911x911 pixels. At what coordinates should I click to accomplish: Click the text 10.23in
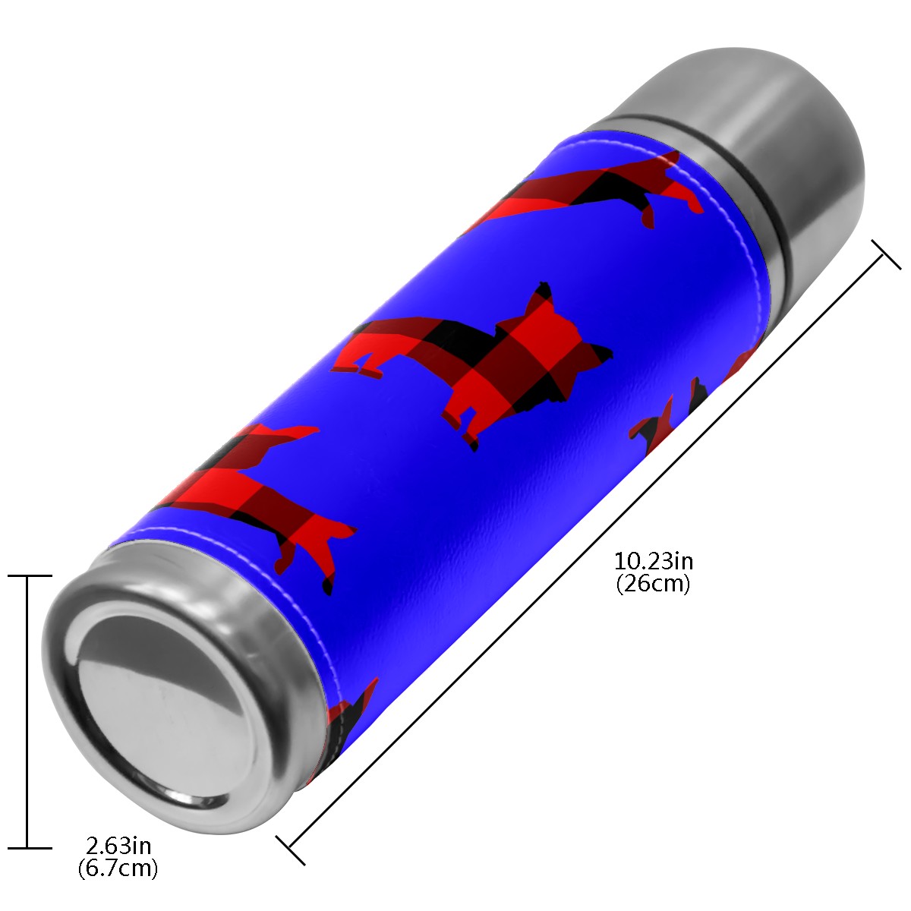(654, 562)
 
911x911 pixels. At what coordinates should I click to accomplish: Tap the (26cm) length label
(654, 584)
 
